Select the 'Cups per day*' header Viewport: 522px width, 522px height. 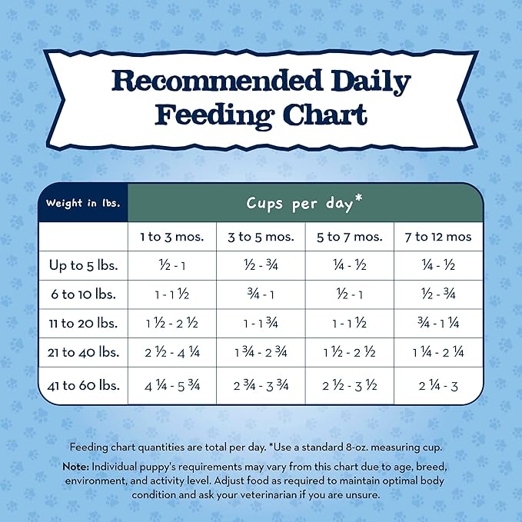tap(305, 203)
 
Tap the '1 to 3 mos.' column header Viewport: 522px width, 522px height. tap(171, 236)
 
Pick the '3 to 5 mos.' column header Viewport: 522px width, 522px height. tap(261, 236)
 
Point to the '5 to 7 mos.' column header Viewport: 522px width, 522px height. tap(350, 236)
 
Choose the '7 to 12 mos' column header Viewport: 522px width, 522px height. tap(438, 236)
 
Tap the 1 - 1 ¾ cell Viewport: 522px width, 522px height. tap(261, 324)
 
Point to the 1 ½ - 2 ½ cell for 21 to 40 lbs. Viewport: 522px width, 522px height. tap(350, 353)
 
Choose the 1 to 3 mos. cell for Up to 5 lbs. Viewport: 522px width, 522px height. tap(171, 265)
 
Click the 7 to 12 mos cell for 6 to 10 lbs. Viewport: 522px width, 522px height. tap(438, 294)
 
